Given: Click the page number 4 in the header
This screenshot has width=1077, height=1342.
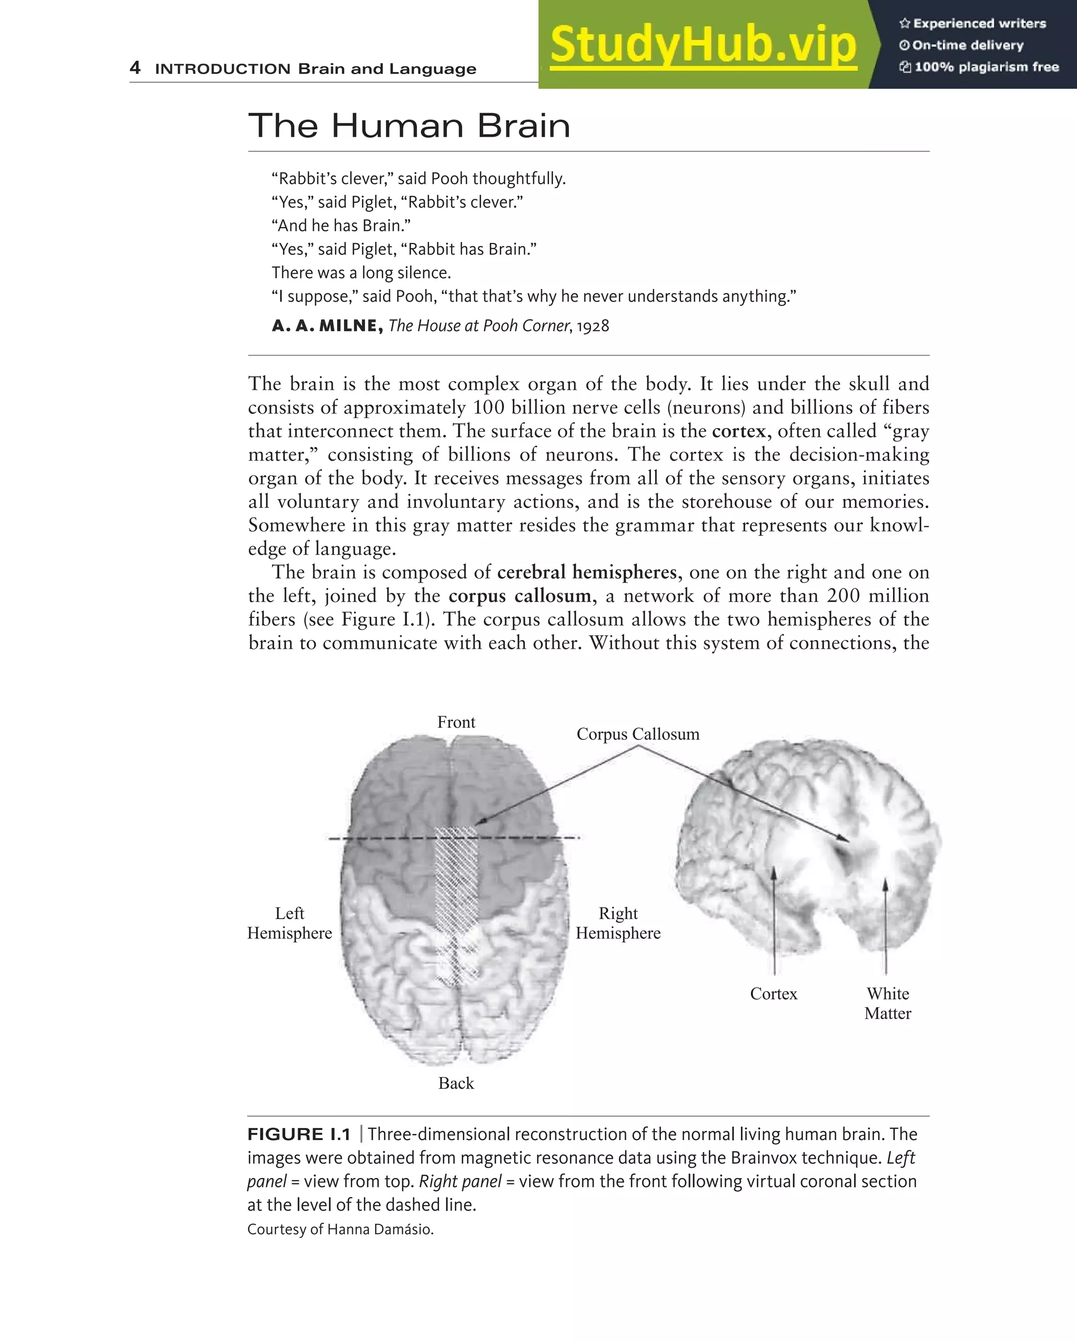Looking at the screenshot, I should click(x=135, y=67).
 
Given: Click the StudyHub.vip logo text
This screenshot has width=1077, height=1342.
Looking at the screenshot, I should click(x=703, y=44).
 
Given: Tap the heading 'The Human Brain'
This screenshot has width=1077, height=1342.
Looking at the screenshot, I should click(x=409, y=126).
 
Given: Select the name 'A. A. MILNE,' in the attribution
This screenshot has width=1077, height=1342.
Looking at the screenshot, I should click(x=328, y=326).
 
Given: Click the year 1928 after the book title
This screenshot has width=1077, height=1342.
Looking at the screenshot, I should click(x=593, y=326).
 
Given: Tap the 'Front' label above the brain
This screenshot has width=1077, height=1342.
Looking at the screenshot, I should click(x=456, y=722).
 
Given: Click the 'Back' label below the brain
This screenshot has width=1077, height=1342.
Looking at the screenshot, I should click(x=456, y=1083).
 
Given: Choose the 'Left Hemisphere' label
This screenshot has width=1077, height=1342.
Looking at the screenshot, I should click(x=289, y=923).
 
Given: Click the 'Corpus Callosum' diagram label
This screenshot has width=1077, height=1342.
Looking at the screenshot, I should click(x=637, y=734).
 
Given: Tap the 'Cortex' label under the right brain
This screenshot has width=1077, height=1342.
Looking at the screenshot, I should click(x=773, y=993).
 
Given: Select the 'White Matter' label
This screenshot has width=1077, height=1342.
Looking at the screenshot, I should click(x=888, y=1003).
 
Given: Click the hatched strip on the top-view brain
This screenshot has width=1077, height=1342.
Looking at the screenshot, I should click(x=456, y=884).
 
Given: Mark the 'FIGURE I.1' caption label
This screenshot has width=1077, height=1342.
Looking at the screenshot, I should click(x=299, y=1134).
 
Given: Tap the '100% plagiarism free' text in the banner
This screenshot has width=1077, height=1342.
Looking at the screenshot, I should click(x=986, y=67).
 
